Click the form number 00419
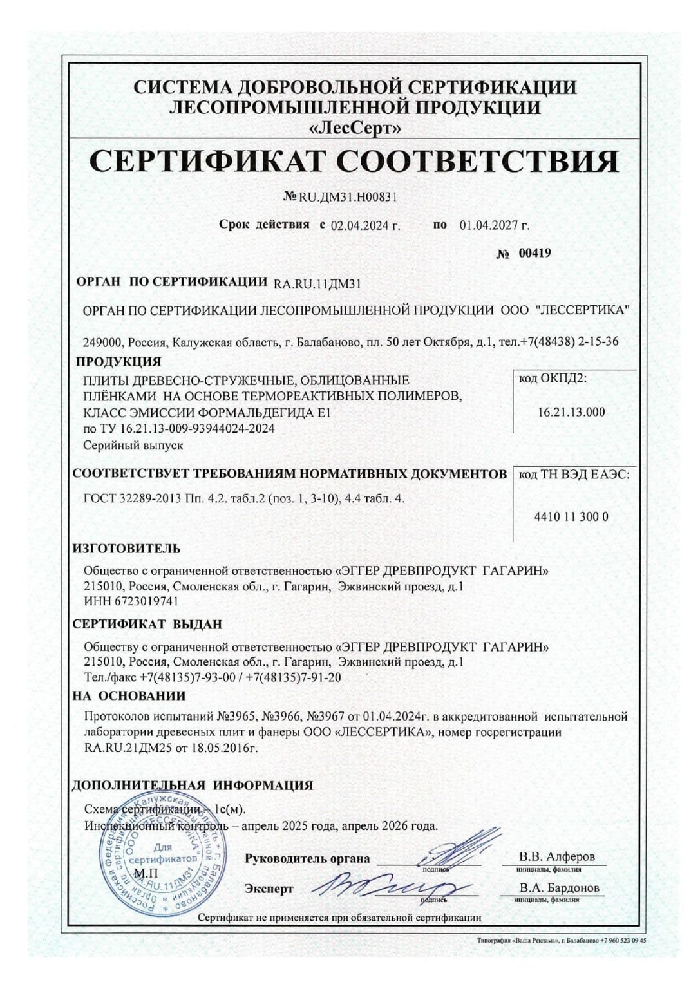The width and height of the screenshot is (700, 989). [x=534, y=253]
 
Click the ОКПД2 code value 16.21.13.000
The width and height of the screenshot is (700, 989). [x=571, y=412]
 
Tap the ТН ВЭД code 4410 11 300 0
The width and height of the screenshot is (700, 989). [x=571, y=516]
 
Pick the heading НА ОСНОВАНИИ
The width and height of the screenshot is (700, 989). [x=129, y=695]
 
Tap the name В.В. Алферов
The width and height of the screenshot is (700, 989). [x=557, y=857]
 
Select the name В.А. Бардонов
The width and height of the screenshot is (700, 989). [x=559, y=889]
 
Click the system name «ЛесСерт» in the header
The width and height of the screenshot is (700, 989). [x=355, y=128]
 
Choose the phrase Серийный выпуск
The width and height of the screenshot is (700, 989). [x=133, y=445]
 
